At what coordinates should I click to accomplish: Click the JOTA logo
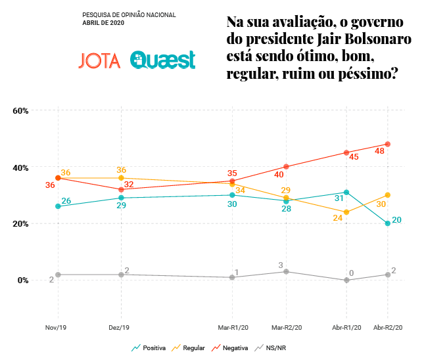pyautogui.click(x=99, y=60)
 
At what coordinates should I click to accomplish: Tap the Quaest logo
pyautogui.click(x=162, y=60)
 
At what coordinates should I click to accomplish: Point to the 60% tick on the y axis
pyautogui.click(x=21, y=110)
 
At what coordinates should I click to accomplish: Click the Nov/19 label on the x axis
pyautogui.click(x=58, y=326)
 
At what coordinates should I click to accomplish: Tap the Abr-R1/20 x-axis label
pyautogui.click(x=346, y=326)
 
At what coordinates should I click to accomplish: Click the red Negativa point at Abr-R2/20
pyautogui.click(x=388, y=144)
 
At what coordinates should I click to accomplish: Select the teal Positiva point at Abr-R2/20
pyautogui.click(x=388, y=223)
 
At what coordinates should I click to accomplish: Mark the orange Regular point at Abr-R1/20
pyautogui.click(x=346, y=212)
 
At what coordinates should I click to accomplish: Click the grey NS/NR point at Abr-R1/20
pyautogui.click(x=346, y=281)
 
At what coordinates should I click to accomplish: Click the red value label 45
pyautogui.click(x=354, y=157)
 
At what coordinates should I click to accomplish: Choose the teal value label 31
pyautogui.click(x=339, y=198)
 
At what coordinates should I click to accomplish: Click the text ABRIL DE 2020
pyautogui.click(x=103, y=22)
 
